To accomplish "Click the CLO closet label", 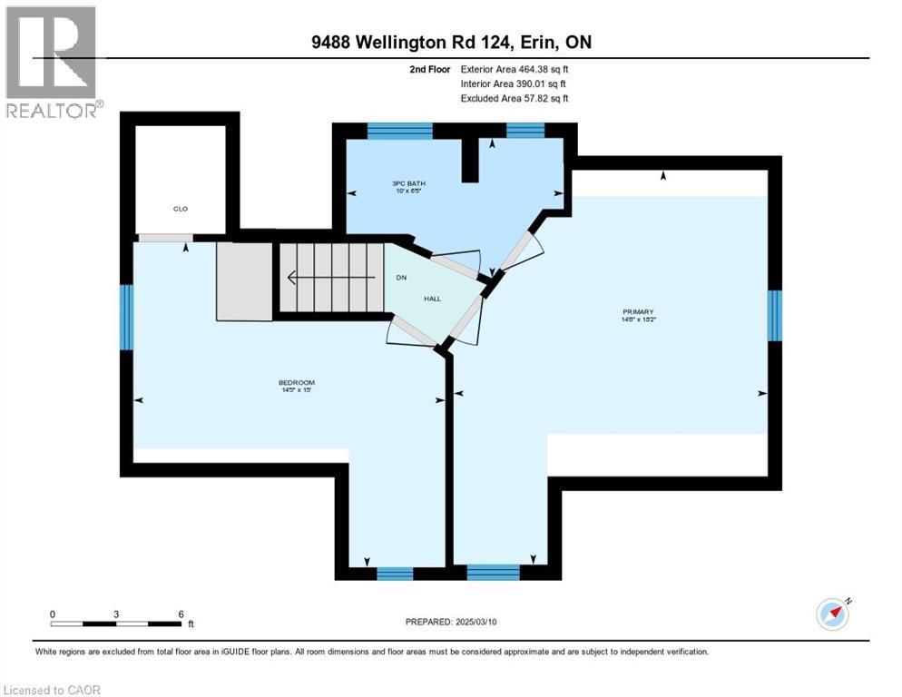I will click(x=181, y=209).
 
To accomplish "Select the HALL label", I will click(x=432, y=298).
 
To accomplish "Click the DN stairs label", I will click(x=399, y=277).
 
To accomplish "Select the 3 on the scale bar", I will click(x=116, y=614).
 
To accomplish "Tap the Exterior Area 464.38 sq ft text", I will click(x=515, y=69).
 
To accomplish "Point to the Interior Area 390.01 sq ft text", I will click(x=515, y=83).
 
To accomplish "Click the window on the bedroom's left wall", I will click(x=127, y=318).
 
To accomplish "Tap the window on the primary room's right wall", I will click(x=774, y=316).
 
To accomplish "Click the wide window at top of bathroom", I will click(x=399, y=131).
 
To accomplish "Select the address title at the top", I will click(x=450, y=43).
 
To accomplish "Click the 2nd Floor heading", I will click(x=429, y=69).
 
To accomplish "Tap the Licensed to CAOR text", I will click(x=53, y=690).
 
